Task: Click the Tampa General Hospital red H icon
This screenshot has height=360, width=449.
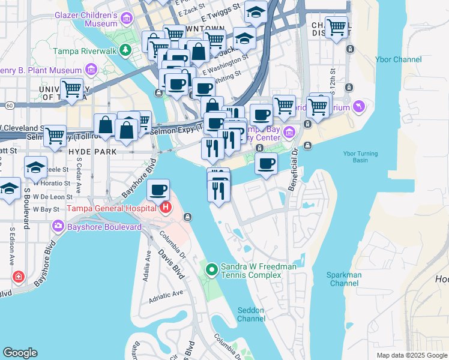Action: [x=166, y=208]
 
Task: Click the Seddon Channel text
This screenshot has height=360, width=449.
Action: [x=251, y=314]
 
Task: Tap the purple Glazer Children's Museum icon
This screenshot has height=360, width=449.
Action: [x=127, y=19]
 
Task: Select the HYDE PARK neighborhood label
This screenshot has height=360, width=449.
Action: [x=92, y=152]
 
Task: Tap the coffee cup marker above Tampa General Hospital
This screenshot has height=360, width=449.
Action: [x=158, y=190]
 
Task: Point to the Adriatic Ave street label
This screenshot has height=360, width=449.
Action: [x=169, y=294]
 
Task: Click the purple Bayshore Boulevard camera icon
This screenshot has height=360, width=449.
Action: [x=58, y=227]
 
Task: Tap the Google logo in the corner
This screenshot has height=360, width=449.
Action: [x=20, y=353]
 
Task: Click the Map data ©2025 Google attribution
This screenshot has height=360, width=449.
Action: [x=411, y=355]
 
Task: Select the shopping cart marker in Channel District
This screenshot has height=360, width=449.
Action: [x=336, y=27]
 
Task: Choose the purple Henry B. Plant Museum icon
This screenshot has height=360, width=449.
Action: [x=92, y=70]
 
